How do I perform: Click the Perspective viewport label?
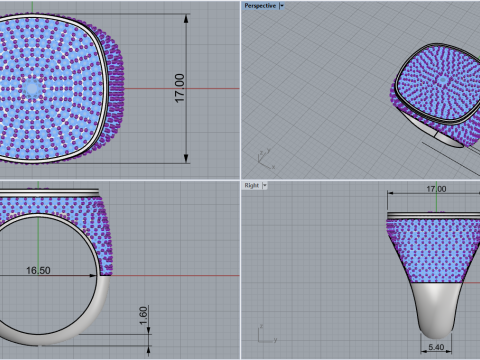tap(260, 6)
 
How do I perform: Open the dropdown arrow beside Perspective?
tap(282, 6)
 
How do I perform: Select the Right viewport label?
tap(252, 185)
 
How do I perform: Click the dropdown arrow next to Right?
tap(265, 185)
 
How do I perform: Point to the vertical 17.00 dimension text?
tap(179, 88)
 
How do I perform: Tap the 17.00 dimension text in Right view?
tap(436, 189)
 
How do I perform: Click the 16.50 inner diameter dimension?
tap(38, 270)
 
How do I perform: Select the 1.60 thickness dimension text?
tap(143, 316)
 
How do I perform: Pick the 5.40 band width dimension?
tap(436, 347)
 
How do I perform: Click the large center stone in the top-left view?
tap(32, 88)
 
